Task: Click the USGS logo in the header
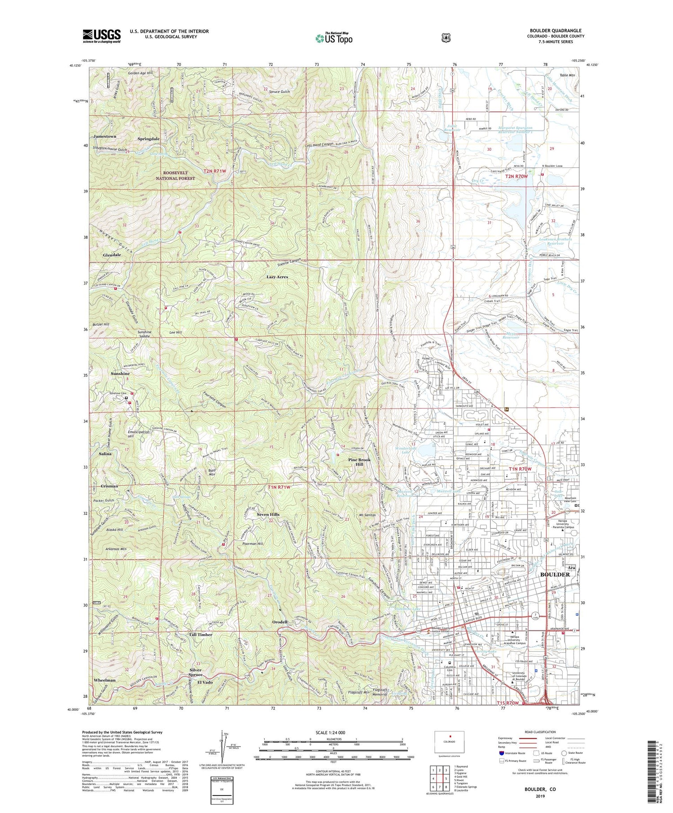(101, 36)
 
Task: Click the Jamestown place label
(105, 136)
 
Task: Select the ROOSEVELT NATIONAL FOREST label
(175, 175)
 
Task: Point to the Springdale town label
(149, 139)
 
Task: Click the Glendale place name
(112, 255)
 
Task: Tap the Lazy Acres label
(277, 277)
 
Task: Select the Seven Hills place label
(268, 514)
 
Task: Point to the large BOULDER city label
(555, 574)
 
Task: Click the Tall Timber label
(200, 635)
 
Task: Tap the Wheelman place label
(105, 680)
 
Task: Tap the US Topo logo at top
(334, 38)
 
